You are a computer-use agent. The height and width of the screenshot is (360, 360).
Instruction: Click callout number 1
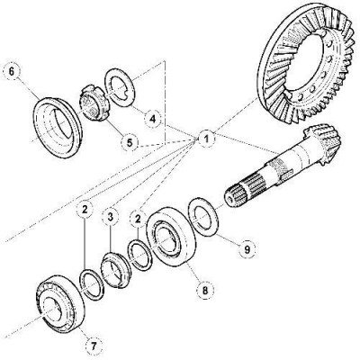point(206,139)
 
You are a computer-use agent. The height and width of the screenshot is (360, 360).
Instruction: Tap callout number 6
point(11,72)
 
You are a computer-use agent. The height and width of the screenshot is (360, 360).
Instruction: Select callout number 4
point(153,120)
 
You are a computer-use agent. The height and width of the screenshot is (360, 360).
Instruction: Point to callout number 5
point(130,142)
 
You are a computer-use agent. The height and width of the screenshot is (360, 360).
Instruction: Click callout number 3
point(110,216)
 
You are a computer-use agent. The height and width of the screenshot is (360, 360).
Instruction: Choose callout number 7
point(94,346)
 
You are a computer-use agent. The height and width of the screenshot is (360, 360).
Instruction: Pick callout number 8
point(205,290)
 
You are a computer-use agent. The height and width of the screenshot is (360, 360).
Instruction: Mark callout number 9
point(247,249)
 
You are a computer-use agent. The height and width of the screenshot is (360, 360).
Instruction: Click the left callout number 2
point(85,210)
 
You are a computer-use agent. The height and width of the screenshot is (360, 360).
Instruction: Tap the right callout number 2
point(138,219)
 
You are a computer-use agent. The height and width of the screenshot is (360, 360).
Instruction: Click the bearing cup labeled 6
point(58,127)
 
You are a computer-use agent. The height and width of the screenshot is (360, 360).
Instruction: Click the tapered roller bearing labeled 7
point(60,303)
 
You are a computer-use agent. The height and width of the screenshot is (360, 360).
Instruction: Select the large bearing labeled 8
point(171,237)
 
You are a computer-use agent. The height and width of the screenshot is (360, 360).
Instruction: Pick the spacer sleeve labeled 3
point(115,270)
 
